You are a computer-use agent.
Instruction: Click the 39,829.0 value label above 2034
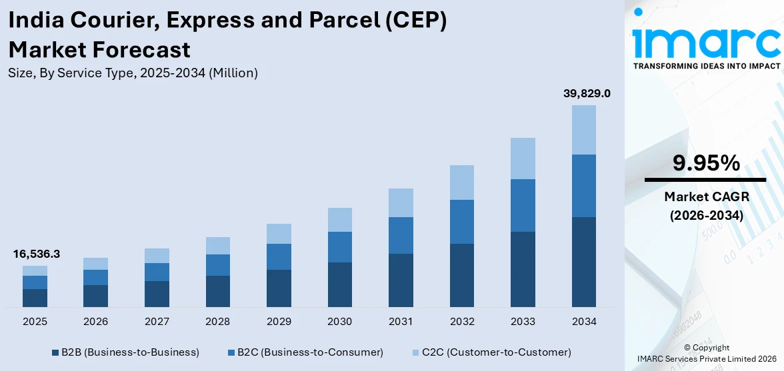pyautogui.click(x=587, y=94)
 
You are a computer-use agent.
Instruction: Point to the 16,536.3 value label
pyautogui.click(x=36, y=254)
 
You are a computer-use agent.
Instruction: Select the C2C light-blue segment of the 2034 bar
pyautogui.click(x=584, y=130)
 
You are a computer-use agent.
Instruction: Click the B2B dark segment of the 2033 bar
pyautogui.click(x=523, y=269)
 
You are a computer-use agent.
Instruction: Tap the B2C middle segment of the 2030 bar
pyautogui.click(x=339, y=247)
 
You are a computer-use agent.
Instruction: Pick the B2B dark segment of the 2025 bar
pyautogui.click(x=35, y=298)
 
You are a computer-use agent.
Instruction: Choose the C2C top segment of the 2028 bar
pyautogui.click(x=217, y=246)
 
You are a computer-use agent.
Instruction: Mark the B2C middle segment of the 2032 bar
pyautogui.click(x=462, y=222)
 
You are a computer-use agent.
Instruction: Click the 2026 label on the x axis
pyautogui.click(x=95, y=322)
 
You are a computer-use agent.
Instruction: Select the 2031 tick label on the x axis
pyautogui.click(x=401, y=322)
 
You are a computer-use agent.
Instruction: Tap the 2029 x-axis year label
pyautogui.click(x=279, y=322)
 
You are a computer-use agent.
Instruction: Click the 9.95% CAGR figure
pyautogui.click(x=706, y=163)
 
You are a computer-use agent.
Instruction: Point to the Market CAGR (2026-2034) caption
pyautogui.click(x=706, y=206)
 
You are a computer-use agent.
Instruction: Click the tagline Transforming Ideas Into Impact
pyautogui.click(x=706, y=66)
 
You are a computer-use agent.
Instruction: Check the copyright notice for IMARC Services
pyautogui.click(x=706, y=354)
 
